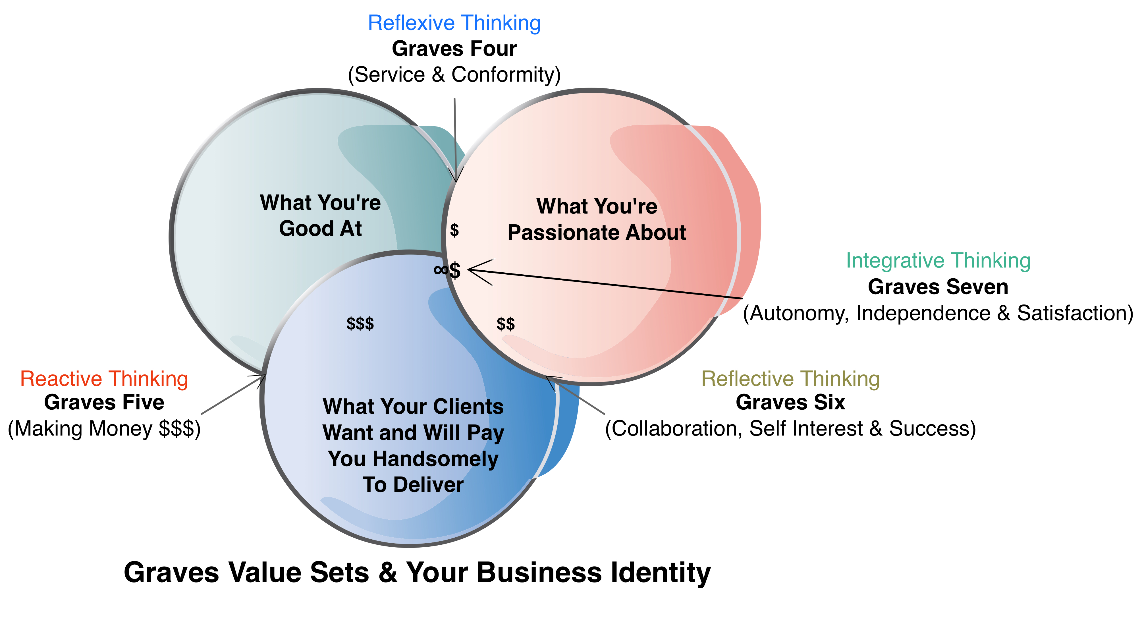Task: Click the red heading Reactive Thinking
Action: point(104,379)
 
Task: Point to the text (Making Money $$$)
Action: point(104,429)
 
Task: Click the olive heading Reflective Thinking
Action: point(790,379)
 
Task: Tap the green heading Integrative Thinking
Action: point(938,261)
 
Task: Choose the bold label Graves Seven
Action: point(938,287)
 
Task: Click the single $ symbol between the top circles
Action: point(454,230)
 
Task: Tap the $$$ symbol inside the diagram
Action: point(360,324)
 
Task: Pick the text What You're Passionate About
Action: point(597,219)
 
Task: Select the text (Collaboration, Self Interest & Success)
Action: point(790,429)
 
